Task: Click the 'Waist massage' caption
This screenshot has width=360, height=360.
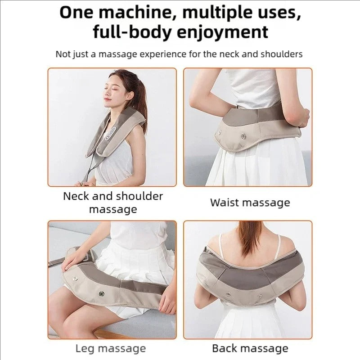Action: click(250, 202)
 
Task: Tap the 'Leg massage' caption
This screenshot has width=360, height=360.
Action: click(110, 348)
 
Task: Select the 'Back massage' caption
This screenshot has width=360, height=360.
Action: click(250, 348)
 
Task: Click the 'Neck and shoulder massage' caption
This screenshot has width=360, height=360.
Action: click(112, 202)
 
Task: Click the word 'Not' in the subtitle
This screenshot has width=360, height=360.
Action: click(63, 54)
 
